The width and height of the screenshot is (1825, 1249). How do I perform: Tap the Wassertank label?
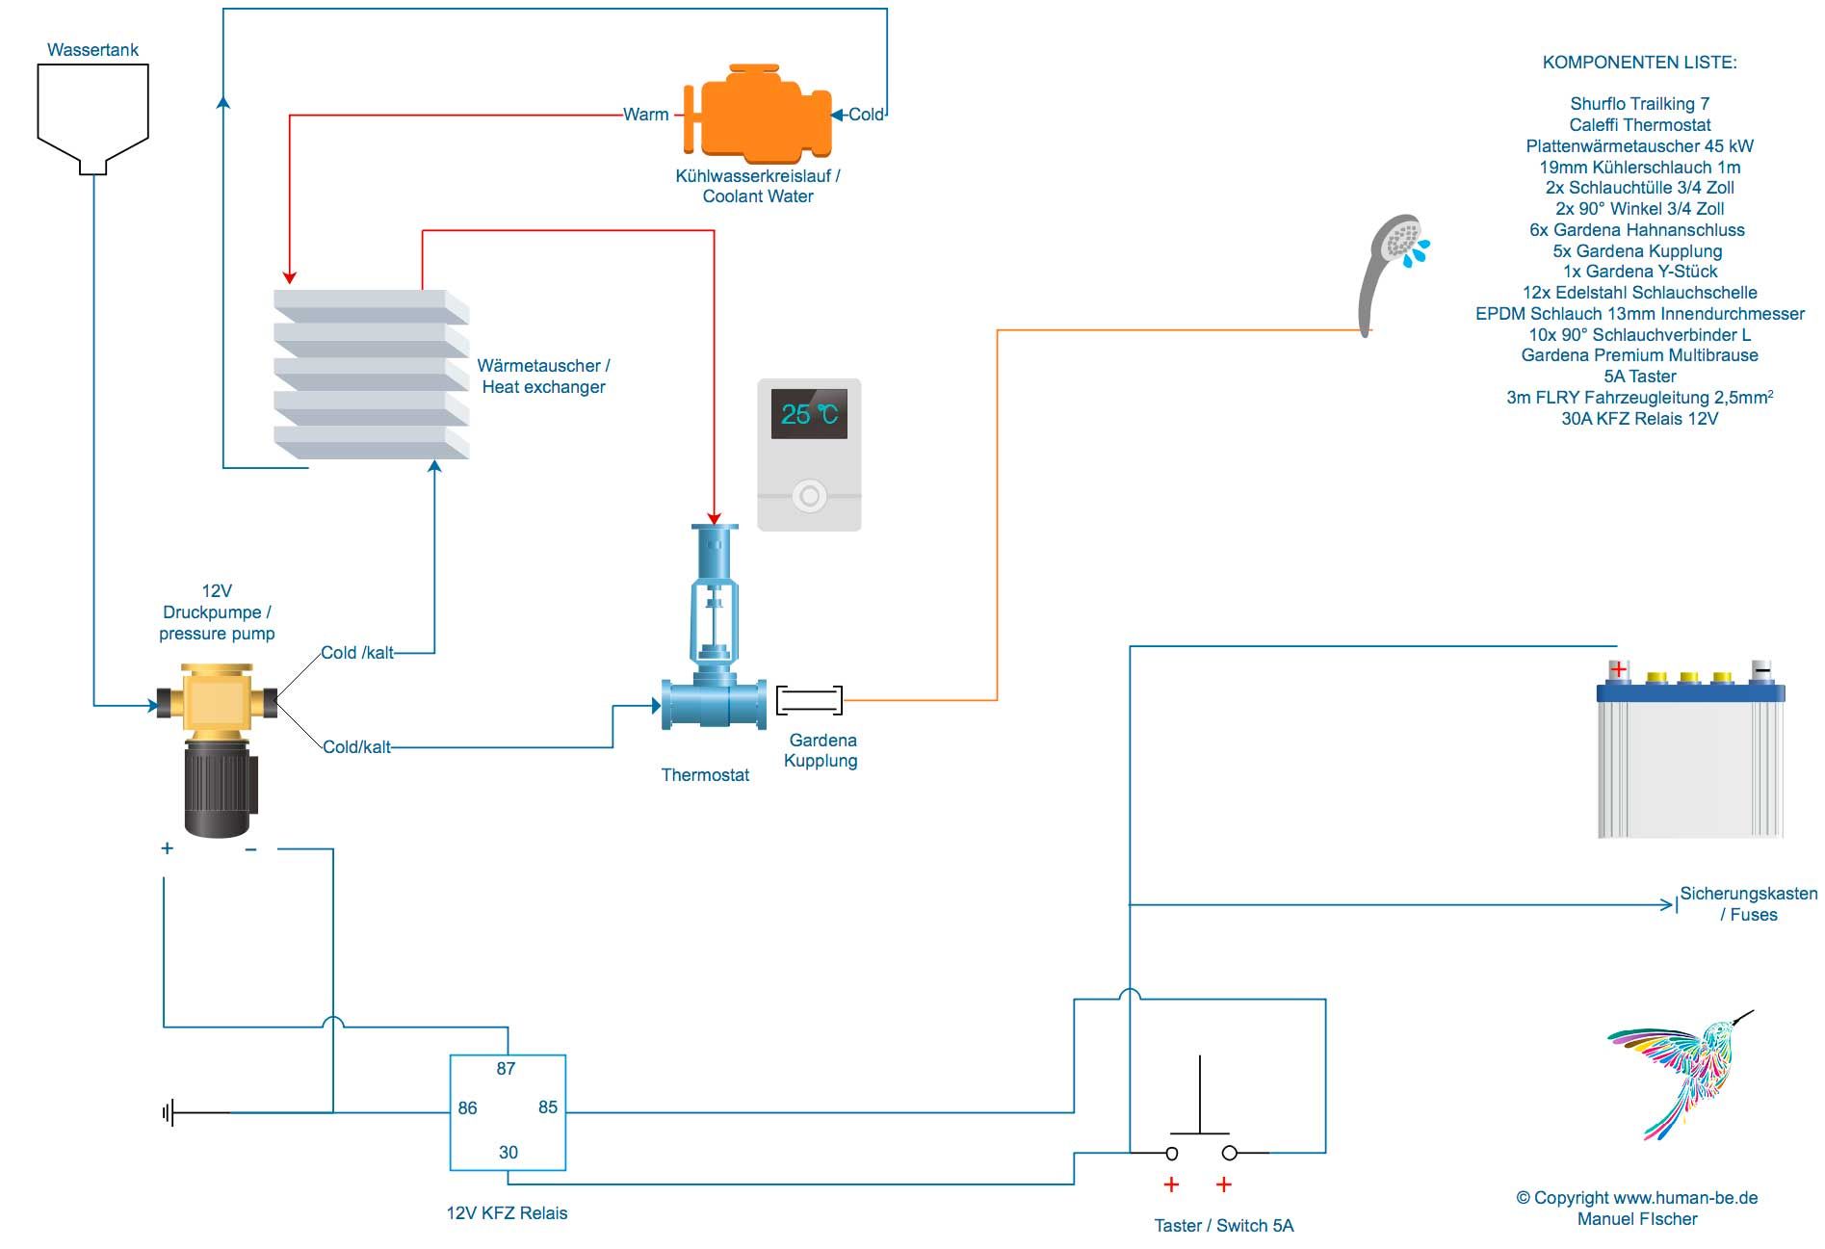(x=92, y=50)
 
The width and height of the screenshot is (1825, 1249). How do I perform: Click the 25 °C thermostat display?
(x=809, y=414)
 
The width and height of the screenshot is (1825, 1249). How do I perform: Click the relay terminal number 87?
(x=506, y=1068)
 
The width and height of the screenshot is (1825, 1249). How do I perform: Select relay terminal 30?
(x=508, y=1152)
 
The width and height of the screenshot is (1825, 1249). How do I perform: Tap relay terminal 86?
(x=467, y=1107)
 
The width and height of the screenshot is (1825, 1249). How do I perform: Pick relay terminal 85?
(x=547, y=1106)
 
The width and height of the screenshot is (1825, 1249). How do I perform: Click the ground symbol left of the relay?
(x=169, y=1113)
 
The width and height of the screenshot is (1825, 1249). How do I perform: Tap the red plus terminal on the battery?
(x=1618, y=668)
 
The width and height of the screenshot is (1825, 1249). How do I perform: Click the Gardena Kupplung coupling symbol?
(x=809, y=700)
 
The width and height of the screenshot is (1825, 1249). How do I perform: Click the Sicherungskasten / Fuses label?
(x=1748, y=903)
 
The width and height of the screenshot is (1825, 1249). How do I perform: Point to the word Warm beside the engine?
(x=645, y=115)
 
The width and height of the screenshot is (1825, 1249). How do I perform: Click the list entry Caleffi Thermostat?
(x=1639, y=125)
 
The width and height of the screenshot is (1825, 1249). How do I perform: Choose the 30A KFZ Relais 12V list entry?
(x=1639, y=419)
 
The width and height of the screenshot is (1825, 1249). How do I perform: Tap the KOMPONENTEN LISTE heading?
(x=1639, y=63)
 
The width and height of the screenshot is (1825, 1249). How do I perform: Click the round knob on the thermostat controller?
(x=809, y=496)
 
